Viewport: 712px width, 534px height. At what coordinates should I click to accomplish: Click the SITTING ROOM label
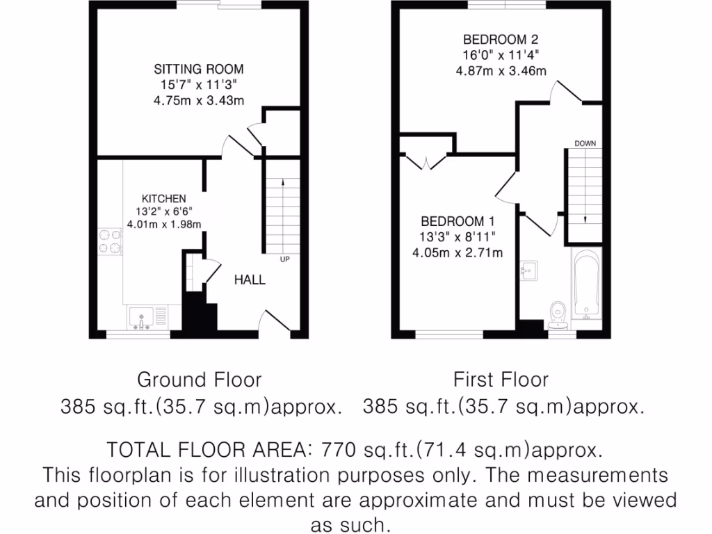pyautogui.click(x=199, y=69)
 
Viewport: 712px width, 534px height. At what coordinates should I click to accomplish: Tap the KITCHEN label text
pyautogui.click(x=164, y=199)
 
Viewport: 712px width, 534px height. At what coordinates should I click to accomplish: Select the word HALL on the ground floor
pyautogui.click(x=249, y=280)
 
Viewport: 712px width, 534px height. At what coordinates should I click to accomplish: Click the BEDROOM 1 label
pyautogui.click(x=457, y=221)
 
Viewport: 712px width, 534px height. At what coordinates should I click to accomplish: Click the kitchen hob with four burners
pyautogui.click(x=109, y=241)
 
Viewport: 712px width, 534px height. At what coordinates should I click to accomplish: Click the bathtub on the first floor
pyautogui.click(x=585, y=286)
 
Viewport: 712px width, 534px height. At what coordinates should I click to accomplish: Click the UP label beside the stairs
pyautogui.click(x=284, y=260)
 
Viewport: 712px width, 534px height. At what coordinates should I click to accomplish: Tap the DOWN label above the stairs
pyautogui.click(x=584, y=144)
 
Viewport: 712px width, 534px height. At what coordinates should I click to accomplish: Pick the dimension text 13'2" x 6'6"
pyautogui.click(x=164, y=211)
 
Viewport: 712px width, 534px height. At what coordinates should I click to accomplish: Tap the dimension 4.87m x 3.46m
pyautogui.click(x=501, y=70)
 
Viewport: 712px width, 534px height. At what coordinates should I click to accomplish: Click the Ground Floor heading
pyautogui.click(x=199, y=380)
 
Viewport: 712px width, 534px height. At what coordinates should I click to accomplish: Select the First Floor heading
pyautogui.click(x=501, y=380)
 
